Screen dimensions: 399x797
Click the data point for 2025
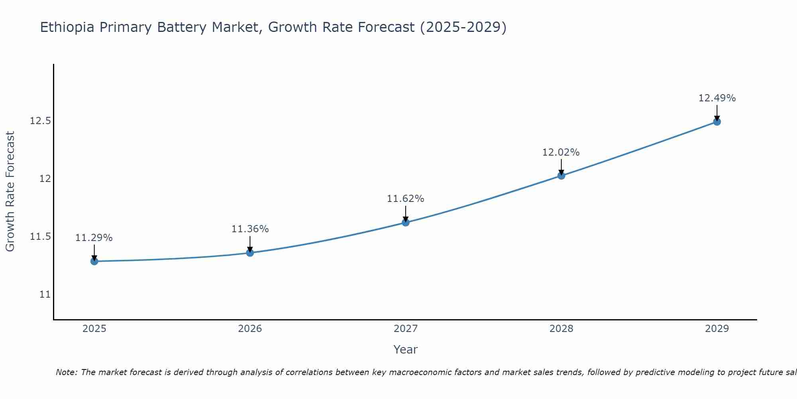(94, 261)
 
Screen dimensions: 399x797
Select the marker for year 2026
(250, 253)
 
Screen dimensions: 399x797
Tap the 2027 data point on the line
(406, 222)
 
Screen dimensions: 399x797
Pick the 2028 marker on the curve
(561, 176)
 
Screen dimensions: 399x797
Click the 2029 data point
(717, 121)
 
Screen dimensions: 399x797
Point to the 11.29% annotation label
(94, 238)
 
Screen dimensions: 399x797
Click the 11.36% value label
(250, 229)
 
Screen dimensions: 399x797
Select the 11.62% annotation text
(406, 199)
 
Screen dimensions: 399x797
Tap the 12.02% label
(561, 152)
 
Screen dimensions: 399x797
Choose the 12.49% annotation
(717, 98)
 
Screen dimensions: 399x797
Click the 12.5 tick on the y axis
(40, 120)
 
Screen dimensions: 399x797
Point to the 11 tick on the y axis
(45, 294)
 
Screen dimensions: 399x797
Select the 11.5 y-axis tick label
(40, 237)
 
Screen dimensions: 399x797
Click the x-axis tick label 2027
(406, 329)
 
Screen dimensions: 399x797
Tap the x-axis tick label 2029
(717, 329)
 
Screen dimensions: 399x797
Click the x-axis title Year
(406, 350)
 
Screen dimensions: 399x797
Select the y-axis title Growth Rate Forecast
(10, 192)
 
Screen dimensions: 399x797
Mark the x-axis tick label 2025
(94, 329)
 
